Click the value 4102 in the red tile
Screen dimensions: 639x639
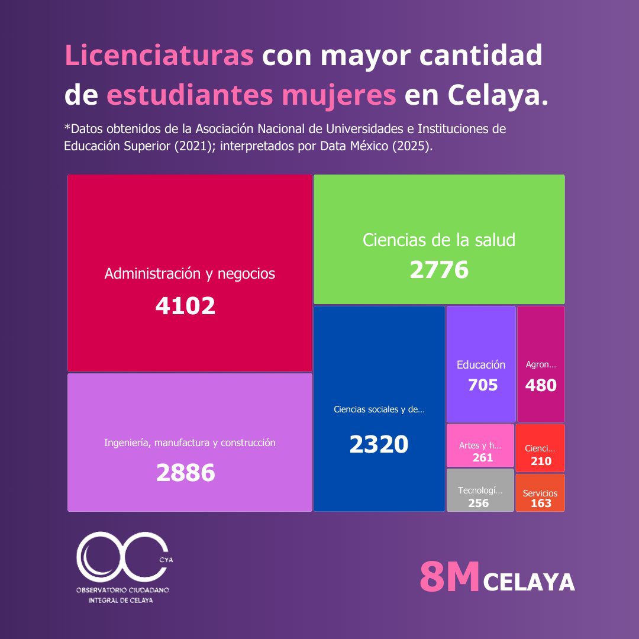tap(185, 306)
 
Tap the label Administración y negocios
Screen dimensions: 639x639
tap(189, 273)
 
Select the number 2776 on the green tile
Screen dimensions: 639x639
tap(439, 270)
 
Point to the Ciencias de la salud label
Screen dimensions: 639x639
tap(439, 240)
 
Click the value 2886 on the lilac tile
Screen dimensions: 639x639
tap(185, 473)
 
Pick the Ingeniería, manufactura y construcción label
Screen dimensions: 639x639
tap(189, 443)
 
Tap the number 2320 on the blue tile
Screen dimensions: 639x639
tap(379, 444)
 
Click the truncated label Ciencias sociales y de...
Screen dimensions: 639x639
tap(379, 409)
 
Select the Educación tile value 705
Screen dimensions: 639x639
tap(483, 385)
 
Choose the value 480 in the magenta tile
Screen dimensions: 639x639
tap(541, 385)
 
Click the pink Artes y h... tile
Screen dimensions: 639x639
tap(480, 446)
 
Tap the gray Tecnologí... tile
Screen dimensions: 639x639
tap(480, 490)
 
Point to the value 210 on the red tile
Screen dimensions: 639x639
tap(541, 461)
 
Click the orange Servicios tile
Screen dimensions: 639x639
tap(540, 493)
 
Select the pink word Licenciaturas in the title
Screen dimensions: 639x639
tap(159, 55)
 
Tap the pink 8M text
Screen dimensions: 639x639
tap(450, 576)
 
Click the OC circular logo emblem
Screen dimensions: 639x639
tap(123, 557)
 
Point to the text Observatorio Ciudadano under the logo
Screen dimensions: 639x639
tap(122, 590)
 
